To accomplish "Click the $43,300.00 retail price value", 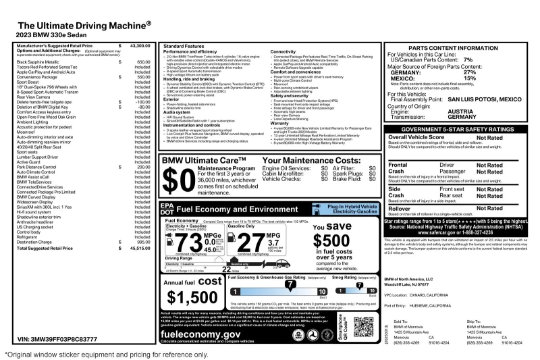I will (140, 45).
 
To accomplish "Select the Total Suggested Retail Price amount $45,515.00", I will (140, 248).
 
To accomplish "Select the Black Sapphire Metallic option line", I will (46, 62).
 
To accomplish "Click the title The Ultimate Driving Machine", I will (88, 24).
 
